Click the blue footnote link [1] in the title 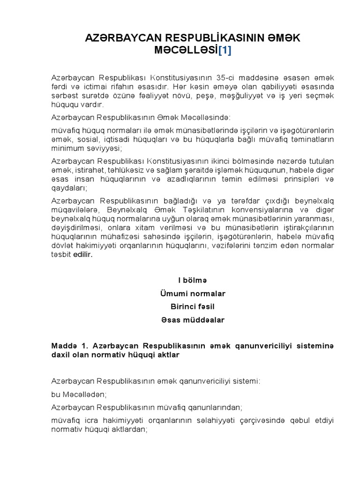coord(224,50)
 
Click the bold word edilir coord(83,254)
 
